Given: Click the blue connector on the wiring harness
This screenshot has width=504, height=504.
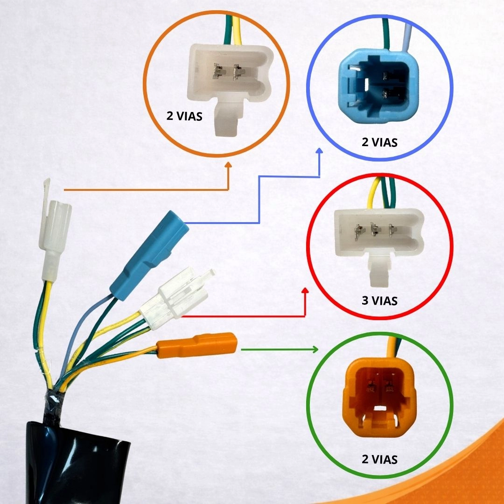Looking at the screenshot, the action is pyautogui.click(x=149, y=255).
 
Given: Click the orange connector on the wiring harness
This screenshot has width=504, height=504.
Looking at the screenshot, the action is pyautogui.click(x=197, y=345).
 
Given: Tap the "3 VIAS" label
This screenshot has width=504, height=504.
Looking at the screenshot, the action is pyautogui.click(x=379, y=301).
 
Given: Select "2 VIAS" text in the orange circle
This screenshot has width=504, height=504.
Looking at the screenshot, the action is pyautogui.click(x=184, y=116).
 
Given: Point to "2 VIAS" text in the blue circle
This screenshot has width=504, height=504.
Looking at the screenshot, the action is pyautogui.click(x=379, y=142).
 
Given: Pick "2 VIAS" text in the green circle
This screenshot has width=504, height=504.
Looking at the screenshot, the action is pyautogui.click(x=379, y=459).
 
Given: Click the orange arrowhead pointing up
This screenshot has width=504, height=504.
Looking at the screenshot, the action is pyautogui.click(x=228, y=165).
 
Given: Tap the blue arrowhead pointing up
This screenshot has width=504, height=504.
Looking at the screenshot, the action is pyautogui.click(x=319, y=151).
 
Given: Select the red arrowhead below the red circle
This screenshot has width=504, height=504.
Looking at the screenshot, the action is pyautogui.click(x=305, y=291).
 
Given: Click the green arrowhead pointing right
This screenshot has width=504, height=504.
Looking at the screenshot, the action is pyautogui.click(x=315, y=350).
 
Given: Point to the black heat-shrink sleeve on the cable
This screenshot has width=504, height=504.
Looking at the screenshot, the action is pyautogui.click(x=77, y=463).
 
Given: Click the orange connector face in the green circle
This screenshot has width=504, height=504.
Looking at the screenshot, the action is pyautogui.click(x=379, y=397).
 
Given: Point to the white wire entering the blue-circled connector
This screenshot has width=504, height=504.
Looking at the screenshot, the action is pyautogui.click(x=406, y=38).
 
